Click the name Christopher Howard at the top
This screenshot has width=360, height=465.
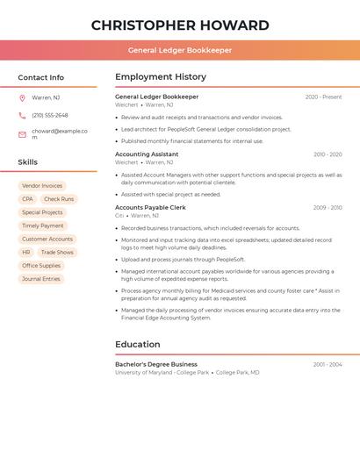(180, 25)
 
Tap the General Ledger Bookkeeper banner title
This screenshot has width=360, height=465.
(180, 50)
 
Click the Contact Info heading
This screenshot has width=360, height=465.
(41, 77)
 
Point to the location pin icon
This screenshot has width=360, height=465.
(22, 97)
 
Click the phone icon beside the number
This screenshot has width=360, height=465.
(22, 115)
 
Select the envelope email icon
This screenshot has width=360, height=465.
(22, 134)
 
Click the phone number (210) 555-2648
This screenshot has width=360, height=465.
(50, 115)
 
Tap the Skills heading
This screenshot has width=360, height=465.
(28, 162)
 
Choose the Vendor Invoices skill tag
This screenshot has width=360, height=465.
(42, 186)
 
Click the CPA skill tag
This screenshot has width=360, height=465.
(27, 199)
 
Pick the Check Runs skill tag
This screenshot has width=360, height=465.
(59, 199)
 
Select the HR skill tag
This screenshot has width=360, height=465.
(26, 252)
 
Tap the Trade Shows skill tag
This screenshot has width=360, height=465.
(58, 252)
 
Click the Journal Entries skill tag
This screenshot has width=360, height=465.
(41, 279)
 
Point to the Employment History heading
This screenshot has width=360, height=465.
(161, 77)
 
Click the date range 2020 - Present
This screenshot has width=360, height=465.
(323, 97)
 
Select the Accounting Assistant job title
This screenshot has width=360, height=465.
(147, 154)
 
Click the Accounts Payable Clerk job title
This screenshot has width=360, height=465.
(150, 207)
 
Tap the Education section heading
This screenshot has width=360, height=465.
(137, 345)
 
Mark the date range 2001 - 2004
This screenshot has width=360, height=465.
(328, 364)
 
